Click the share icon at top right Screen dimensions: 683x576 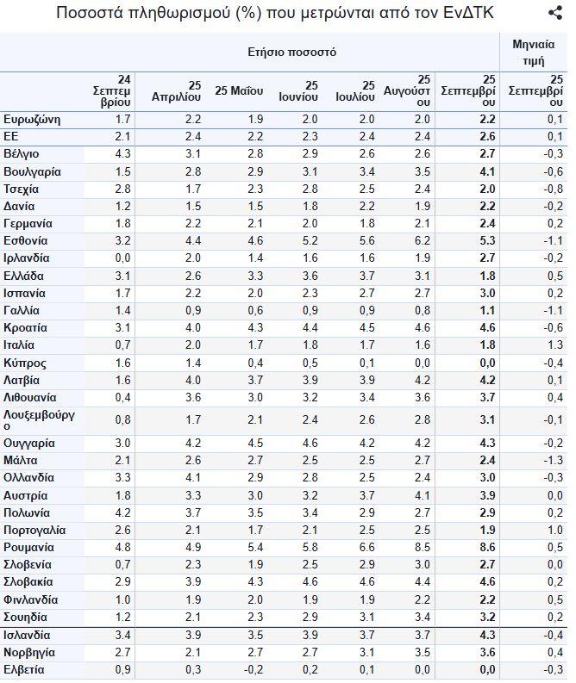555,13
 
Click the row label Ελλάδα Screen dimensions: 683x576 23,276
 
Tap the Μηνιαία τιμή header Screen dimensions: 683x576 534,52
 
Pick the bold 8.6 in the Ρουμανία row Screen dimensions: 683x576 487,547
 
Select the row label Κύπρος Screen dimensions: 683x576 25,363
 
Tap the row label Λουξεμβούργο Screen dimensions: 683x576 39,419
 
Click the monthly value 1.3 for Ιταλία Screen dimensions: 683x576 555,345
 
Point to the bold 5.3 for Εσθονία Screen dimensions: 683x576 487,240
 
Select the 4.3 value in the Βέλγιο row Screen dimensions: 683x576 122,153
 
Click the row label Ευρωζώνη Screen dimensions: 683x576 32,118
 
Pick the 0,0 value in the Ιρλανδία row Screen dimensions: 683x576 122,258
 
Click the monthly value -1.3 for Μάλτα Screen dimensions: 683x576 553,460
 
